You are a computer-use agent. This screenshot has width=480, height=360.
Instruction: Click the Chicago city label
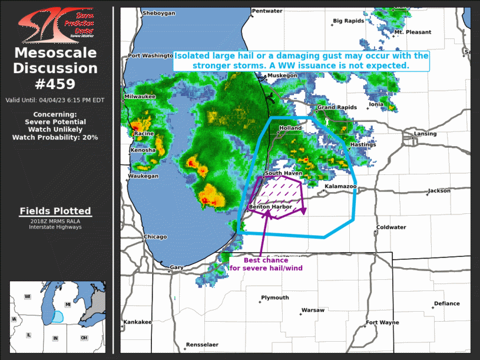[155, 237]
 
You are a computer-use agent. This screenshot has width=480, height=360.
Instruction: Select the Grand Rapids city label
[337, 108]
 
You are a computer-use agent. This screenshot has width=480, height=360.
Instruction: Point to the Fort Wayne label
[382, 322]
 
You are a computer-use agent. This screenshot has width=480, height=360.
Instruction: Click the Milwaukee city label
[140, 96]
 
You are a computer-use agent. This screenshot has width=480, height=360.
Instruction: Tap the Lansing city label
[425, 134]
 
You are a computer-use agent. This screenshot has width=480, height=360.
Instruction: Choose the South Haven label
[283, 173]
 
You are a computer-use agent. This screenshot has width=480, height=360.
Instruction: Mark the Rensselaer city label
[202, 344]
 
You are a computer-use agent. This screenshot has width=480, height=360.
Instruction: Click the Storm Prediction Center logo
[57, 25]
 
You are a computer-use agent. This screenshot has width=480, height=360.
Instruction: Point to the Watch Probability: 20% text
[55, 137]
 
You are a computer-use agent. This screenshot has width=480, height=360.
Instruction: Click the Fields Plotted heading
[55, 211]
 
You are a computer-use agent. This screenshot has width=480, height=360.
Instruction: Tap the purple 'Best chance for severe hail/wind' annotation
[266, 264]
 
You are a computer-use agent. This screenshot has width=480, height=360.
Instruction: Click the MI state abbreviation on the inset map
[68, 305]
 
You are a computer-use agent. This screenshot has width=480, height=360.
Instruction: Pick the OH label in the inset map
[84, 337]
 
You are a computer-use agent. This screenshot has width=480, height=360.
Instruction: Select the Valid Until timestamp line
[55, 100]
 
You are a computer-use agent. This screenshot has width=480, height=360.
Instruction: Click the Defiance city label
[447, 303]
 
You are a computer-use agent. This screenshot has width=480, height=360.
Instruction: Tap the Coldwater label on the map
[392, 227]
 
